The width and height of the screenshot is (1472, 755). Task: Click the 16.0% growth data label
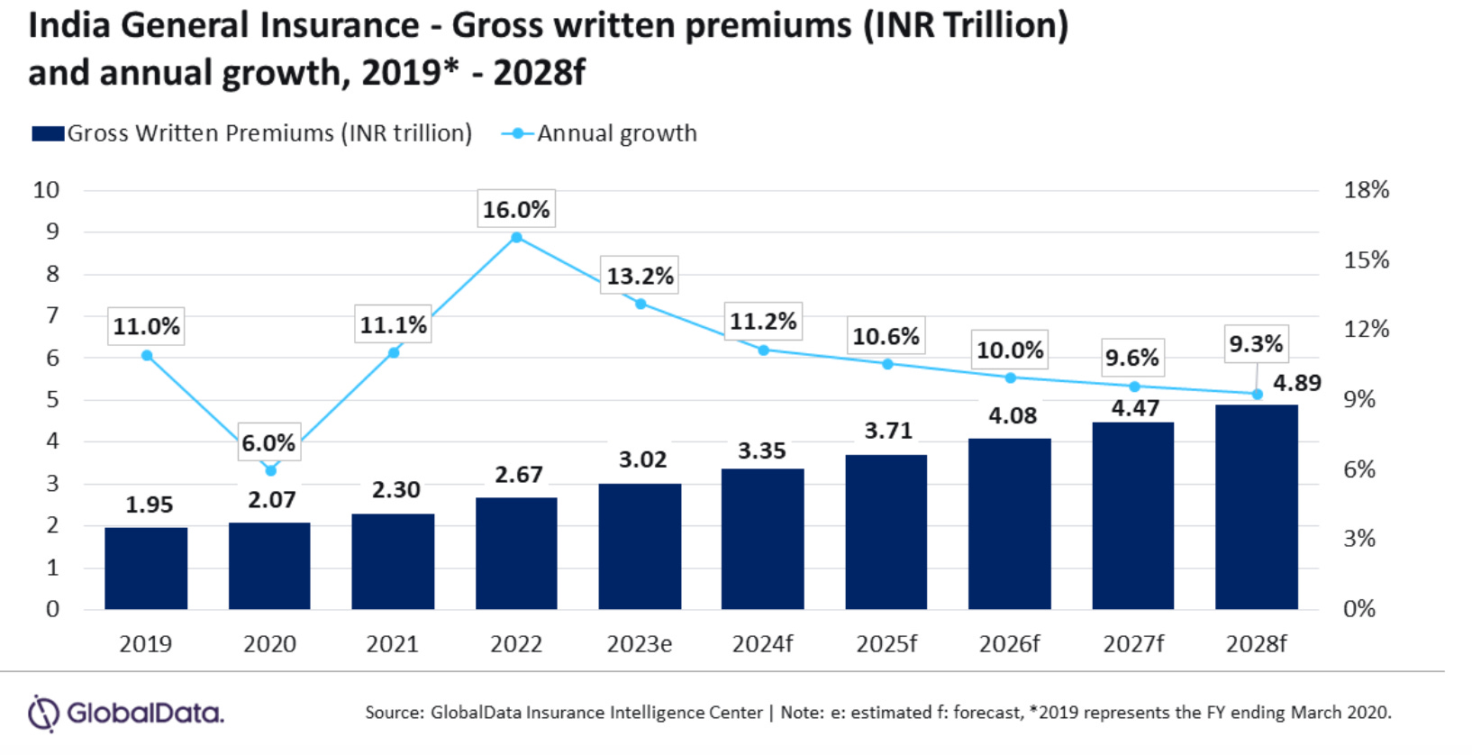[x=516, y=210]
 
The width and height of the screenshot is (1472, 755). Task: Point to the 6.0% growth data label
[x=268, y=443]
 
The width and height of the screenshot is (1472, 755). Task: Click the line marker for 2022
[x=516, y=238]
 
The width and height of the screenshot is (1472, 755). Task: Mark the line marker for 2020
[x=270, y=470]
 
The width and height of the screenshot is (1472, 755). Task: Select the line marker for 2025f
[x=887, y=364]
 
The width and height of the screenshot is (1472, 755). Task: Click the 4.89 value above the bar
[x=1296, y=383]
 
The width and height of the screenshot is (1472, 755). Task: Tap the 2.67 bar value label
[x=519, y=475]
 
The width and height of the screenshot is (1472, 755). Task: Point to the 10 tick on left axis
[x=46, y=190]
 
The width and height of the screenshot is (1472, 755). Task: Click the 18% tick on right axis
[x=1366, y=190]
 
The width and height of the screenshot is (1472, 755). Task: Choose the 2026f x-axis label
[x=1009, y=644]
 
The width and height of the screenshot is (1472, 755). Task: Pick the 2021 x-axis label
[x=392, y=644]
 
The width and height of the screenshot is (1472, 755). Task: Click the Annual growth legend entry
[x=616, y=133]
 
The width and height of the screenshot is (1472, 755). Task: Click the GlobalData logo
[x=126, y=714]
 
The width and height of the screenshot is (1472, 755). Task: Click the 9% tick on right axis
[x=1358, y=399]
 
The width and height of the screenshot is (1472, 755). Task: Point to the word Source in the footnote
[x=393, y=713]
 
